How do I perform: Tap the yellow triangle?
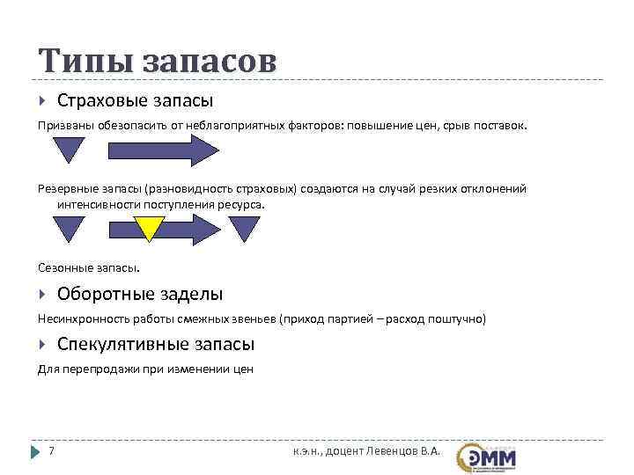(150, 227)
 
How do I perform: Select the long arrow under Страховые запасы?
(163, 150)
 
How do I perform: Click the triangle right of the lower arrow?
(244, 227)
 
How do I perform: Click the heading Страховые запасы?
(135, 101)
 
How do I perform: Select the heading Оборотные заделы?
(140, 294)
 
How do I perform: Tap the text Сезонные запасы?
(89, 266)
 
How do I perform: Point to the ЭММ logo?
(487, 457)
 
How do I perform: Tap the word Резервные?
(65, 189)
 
